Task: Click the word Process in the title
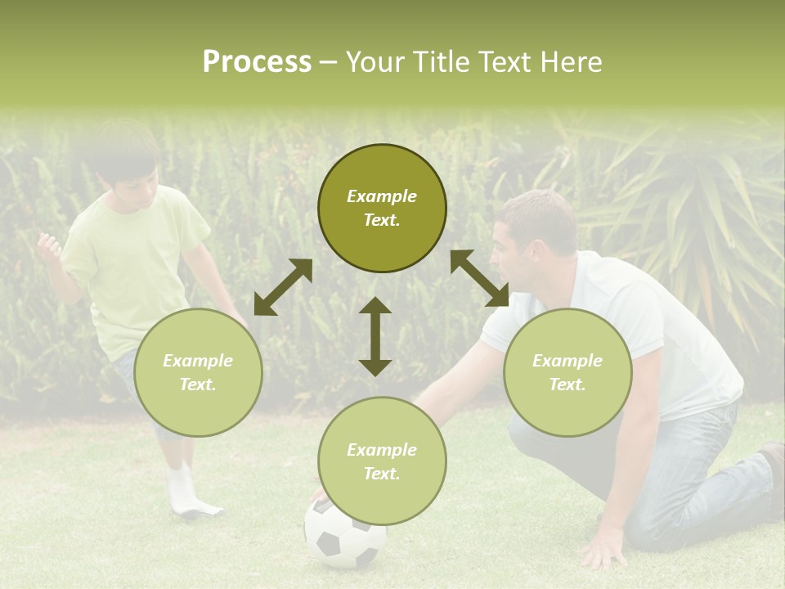257,62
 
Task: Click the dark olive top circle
382,209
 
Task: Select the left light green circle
198,372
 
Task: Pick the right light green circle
567,372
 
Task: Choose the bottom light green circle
382,461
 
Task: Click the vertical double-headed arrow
375,336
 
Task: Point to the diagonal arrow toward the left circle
283,287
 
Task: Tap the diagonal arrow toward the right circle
479,278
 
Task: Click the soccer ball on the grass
345,536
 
